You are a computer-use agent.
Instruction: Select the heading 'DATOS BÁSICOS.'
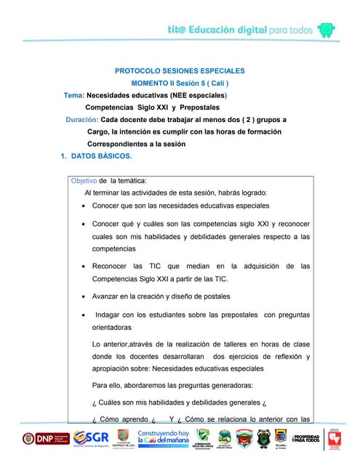tap(101, 156)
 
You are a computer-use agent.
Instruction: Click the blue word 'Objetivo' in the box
tap(84, 180)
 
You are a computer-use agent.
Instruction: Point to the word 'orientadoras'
tap(115, 328)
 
